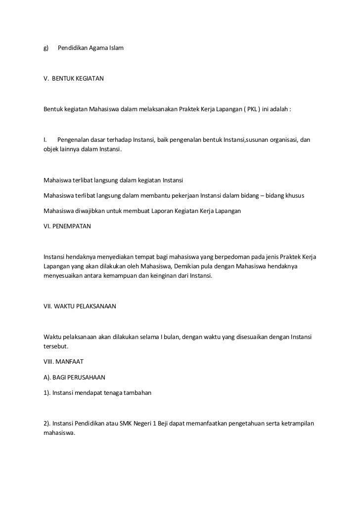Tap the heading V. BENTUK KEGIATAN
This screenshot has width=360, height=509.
74,79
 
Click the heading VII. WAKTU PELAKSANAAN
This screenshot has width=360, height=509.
80,306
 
